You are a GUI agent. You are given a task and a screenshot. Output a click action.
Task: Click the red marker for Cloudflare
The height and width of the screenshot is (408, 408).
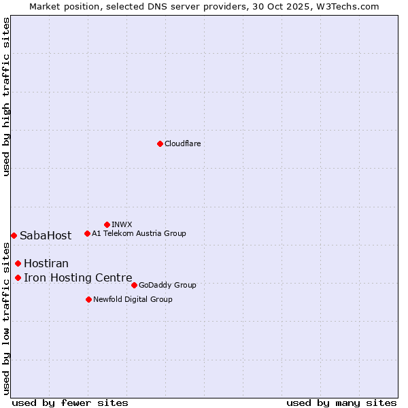[160, 143]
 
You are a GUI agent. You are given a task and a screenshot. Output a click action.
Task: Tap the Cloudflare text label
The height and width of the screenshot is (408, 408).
[182, 143]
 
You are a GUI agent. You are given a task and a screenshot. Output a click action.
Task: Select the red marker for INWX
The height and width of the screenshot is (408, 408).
[107, 224]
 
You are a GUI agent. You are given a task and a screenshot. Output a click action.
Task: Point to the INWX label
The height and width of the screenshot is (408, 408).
[122, 224]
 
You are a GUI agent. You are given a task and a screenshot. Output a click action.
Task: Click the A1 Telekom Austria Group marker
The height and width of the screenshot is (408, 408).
[87, 233]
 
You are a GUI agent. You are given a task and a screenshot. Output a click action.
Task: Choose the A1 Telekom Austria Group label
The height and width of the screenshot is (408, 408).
[139, 233]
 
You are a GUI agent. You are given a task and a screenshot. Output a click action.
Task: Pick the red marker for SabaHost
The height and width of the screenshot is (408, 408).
[14, 235]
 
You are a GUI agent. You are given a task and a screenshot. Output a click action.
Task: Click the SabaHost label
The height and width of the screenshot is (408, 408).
[46, 236]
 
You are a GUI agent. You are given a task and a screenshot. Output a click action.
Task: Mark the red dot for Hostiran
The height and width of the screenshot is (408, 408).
[18, 263]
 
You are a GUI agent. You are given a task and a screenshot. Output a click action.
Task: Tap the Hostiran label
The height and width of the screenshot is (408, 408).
[46, 263]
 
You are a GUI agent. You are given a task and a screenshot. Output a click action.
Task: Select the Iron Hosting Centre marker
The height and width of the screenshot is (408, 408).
[18, 277]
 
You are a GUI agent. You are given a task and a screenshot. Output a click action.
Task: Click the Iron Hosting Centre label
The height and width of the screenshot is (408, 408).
[78, 277]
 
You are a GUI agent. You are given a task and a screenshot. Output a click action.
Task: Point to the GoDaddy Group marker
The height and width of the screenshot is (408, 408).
[134, 285]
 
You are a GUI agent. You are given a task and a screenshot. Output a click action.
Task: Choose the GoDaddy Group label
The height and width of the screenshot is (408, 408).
[167, 285]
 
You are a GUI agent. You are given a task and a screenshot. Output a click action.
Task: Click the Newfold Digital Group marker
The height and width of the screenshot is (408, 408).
[88, 299]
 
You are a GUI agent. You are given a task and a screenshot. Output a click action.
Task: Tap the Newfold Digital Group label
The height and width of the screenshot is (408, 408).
[133, 299]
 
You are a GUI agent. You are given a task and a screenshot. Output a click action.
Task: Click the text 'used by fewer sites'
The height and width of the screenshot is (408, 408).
[70, 403]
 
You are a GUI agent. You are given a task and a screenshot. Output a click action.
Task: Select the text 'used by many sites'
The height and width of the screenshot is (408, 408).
[341, 403]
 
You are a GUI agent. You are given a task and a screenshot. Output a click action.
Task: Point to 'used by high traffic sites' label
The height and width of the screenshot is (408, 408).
[6, 97]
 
